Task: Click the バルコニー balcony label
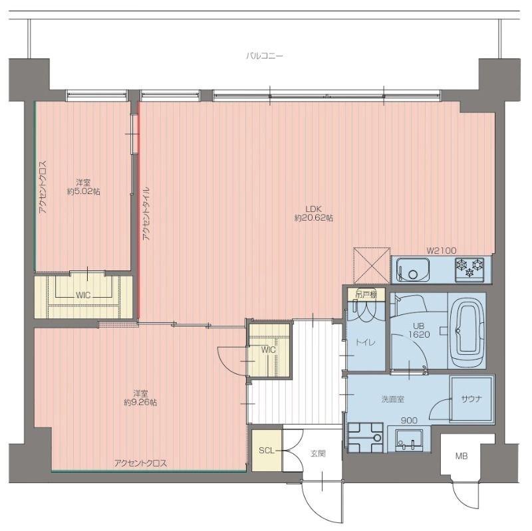264,56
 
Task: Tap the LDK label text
313,209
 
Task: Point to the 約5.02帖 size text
84,191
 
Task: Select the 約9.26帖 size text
140,403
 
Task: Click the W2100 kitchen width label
442,251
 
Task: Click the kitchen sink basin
412,269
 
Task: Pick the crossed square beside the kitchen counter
372,266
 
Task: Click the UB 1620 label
419,330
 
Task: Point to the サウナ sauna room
471,399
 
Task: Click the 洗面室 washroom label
392,399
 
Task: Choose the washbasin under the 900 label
409,439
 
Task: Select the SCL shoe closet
267,451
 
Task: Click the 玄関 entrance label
318,453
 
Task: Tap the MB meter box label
462,456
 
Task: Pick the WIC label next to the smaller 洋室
83,295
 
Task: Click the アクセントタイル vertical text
146,213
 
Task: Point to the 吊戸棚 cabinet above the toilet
366,294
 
